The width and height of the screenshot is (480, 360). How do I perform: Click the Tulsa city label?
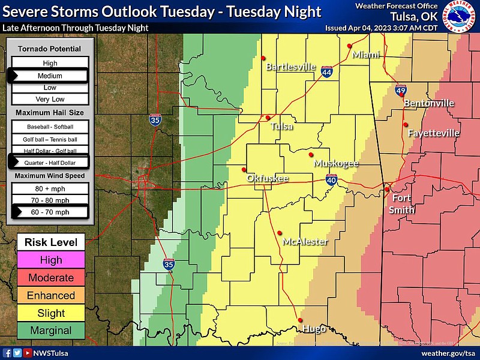coord(282,127)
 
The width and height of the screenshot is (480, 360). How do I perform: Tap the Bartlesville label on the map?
coord(290,67)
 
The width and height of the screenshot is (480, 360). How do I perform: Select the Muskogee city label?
coord(335,163)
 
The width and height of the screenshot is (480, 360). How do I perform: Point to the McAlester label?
coord(305,242)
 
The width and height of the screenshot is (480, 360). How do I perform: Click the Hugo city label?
coord(314,329)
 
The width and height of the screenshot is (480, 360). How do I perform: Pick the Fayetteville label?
coord(433,133)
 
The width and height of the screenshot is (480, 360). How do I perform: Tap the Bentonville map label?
coord(429,103)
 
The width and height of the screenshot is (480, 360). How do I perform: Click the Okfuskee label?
coord(268,178)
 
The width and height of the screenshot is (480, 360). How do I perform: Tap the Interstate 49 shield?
coord(400,91)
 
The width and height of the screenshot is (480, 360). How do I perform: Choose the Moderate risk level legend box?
coord(51,278)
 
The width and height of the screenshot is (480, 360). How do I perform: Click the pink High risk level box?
coord(51,260)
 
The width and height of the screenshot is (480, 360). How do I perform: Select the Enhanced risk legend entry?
coord(51,295)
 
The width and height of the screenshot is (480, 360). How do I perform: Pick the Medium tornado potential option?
coord(50,76)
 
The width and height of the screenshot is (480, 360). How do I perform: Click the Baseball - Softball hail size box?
coord(50,127)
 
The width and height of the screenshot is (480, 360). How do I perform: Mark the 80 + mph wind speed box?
coord(50,188)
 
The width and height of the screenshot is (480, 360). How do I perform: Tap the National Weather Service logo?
coord(461,17)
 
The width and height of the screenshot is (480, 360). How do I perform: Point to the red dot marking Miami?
coord(349,45)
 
